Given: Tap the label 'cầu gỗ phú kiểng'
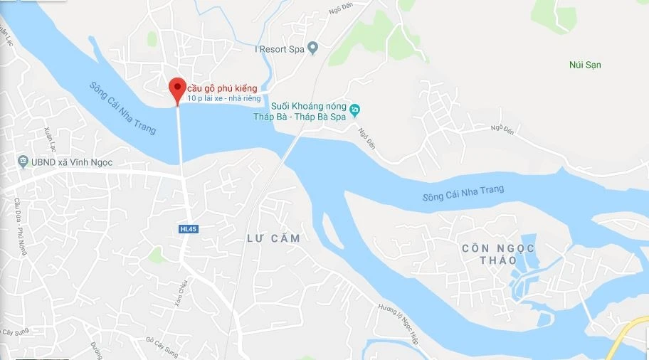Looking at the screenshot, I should click(x=222, y=88).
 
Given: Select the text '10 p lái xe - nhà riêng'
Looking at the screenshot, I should click(x=224, y=99).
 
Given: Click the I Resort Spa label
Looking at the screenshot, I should click(x=280, y=49).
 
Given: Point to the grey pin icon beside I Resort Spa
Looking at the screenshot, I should click(x=312, y=48).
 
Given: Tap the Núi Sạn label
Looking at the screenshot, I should click(x=586, y=65).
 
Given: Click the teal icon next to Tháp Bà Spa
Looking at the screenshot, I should click(x=357, y=110).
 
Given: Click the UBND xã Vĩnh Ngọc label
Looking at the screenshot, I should click(x=72, y=162).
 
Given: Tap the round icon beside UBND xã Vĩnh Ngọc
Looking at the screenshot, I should click(x=23, y=162).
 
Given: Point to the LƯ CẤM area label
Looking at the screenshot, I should click(x=273, y=239).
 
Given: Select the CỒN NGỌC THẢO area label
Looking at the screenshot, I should click(x=498, y=254).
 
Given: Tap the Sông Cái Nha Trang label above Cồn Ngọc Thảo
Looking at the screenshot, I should click(x=463, y=193).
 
